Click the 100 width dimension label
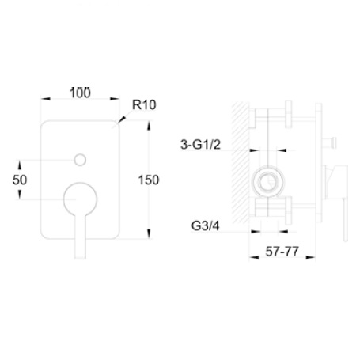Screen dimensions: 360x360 pyautogui.click(x=80, y=93)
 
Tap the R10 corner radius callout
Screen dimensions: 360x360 pyautogui.click(x=144, y=104)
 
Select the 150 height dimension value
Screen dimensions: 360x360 pyautogui.click(x=149, y=180)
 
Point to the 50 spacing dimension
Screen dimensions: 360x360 pyautogui.click(x=20, y=180)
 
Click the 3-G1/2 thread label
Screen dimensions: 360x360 pyautogui.click(x=200, y=144)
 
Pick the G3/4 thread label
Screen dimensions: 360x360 pyautogui.click(x=205, y=226)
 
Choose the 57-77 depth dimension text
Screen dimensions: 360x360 pyautogui.click(x=282, y=252)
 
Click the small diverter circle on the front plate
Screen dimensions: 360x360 pyautogui.click(x=80, y=160)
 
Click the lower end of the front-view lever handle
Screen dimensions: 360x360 pyautogui.click(x=80, y=257)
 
